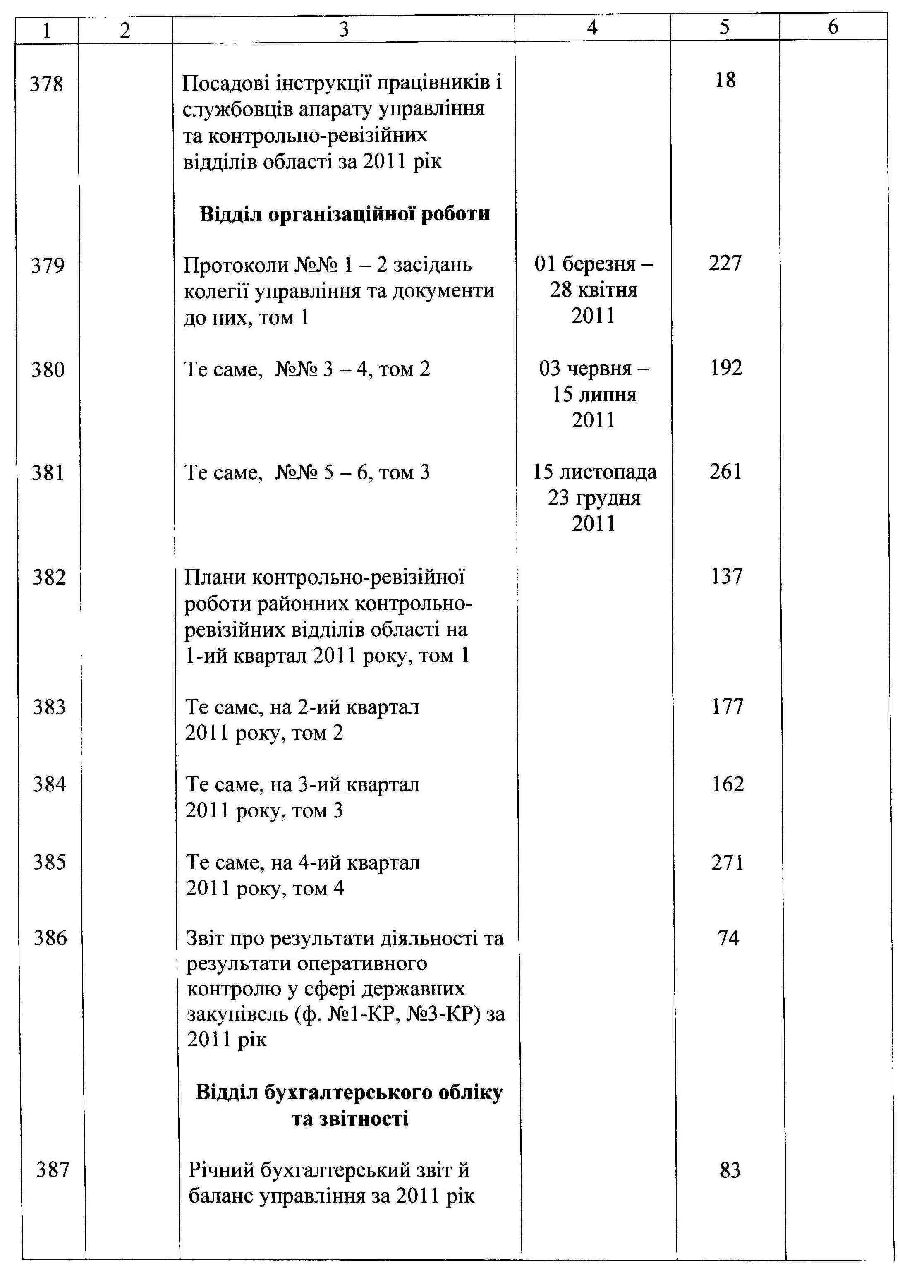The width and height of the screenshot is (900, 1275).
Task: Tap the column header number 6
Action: [x=833, y=26]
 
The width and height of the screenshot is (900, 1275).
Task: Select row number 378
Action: [x=47, y=84]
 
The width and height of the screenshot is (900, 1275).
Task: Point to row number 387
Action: [x=53, y=1170]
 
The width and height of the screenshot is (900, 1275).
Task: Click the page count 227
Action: [x=725, y=263]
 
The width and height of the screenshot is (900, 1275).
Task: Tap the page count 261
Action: [x=725, y=472]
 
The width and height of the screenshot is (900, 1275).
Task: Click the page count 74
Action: [x=728, y=938]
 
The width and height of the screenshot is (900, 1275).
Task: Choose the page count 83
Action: [x=730, y=1170]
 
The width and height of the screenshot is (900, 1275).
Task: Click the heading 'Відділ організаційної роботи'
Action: [x=344, y=214]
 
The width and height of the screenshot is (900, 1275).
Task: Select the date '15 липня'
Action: [x=594, y=394]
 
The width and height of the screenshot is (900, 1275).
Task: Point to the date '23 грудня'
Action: [x=594, y=498]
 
